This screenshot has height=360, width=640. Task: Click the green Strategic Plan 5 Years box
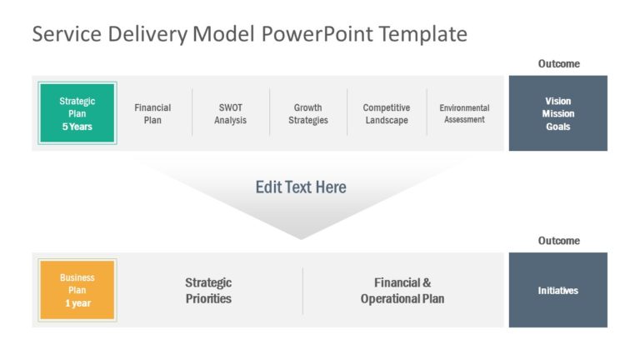tap(77, 113)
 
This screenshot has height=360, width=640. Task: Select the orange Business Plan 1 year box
tap(77, 290)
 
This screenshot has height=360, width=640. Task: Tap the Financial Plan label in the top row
tap(152, 113)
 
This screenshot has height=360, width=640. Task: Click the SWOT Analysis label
tap(230, 113)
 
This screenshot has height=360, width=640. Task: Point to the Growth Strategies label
tap(308, 113)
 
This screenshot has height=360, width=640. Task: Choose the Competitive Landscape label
tap(387, 113)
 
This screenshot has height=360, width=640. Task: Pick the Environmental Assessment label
tap(464, 113)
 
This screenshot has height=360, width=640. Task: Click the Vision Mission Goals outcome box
tap(557, 113)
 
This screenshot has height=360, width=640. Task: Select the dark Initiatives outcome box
tap(557, 290)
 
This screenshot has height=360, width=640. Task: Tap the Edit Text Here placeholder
tap(301, 187)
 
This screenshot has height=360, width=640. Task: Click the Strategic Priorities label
tap(208, 290)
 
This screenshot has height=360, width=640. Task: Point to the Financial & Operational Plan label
tap(402, 290)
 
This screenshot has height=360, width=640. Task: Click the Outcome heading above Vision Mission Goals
tap(558, 63)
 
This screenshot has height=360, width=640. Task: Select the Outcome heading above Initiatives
tap(558, 241)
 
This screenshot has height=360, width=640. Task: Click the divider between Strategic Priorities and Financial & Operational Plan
tap(302, 291)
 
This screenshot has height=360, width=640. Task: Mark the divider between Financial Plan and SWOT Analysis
tap(192, 112)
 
